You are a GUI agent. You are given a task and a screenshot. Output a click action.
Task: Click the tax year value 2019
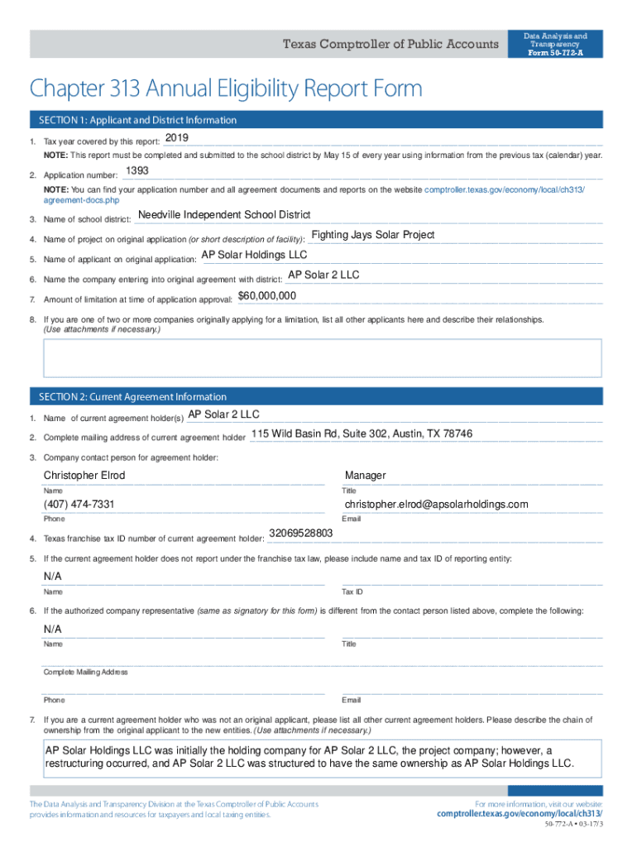(x=177, y=137)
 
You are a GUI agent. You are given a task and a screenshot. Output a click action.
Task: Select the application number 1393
(x=136, y=170)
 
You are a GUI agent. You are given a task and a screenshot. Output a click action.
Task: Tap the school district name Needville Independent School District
(x=224, y=215)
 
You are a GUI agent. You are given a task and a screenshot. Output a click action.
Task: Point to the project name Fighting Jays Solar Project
(x=372, y=235)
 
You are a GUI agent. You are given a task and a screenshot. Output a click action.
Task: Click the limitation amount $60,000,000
(x=267, y=295)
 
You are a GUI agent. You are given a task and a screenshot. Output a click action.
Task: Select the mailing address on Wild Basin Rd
(x=362, y=433)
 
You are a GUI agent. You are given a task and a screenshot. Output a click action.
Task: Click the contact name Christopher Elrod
(x=84, y=476)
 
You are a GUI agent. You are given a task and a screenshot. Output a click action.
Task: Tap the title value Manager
(x=365, y=476)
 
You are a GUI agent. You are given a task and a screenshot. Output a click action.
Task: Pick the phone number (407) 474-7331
(x=79, y=505)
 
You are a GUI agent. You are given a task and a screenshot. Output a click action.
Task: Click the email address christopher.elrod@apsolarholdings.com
(x=436, y=505)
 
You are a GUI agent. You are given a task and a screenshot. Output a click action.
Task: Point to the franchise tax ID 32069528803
(x=301, y=534)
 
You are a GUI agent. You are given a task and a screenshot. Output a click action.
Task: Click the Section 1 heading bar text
(x=133, y=120)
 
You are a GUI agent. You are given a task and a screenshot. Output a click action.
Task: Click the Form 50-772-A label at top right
(x=555, y=53)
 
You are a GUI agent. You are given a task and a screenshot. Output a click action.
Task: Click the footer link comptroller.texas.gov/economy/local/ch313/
(x=520, y=814)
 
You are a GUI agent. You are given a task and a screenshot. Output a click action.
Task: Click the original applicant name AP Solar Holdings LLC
(x=254, y=255)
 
